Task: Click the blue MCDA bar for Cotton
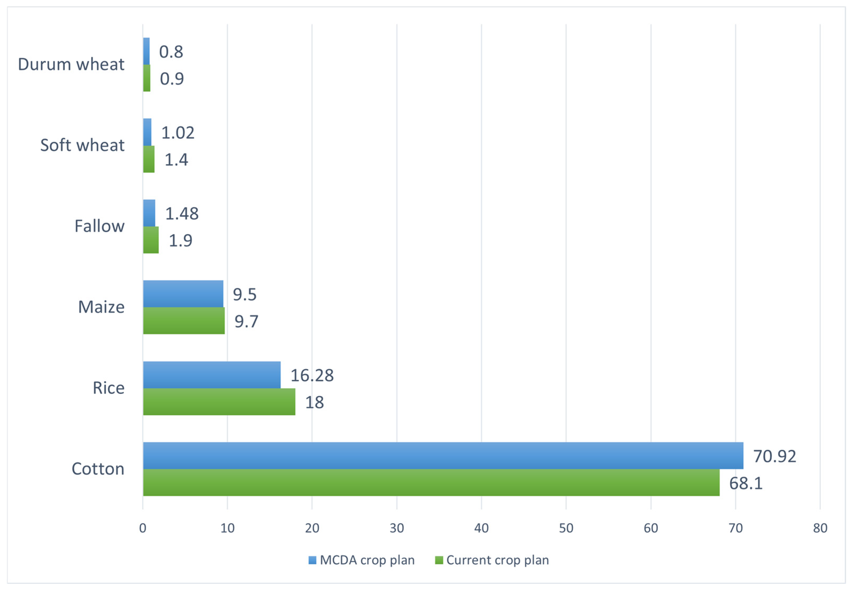tap(443, 455)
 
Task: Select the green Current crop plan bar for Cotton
tap(431, 482)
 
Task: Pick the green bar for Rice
tap(219, 402)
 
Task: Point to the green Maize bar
tap(184, 320)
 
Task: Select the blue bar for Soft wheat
tap(147, 132)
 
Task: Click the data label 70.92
tap(774, 456)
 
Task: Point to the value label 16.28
tap(312, 375)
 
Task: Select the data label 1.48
tap(182, 213)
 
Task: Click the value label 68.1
tap(746, 483)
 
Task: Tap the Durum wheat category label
tap(71, 65)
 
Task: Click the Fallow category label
tap(99, 226)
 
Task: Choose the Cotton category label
tap(98, 469)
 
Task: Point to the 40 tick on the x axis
tap(481, 528)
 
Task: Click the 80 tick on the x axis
tap(820, 528)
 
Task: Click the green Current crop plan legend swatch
tap(439, 560)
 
